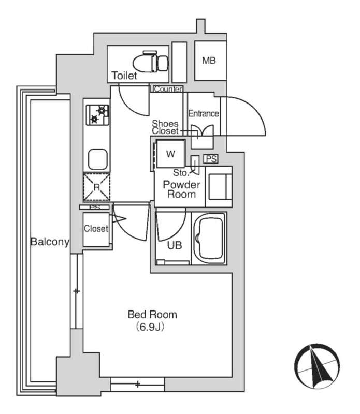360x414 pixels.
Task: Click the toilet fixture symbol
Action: (151, 62)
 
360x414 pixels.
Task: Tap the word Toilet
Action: (124, 76)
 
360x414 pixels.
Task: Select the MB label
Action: (209, 61)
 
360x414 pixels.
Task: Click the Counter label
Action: (168, 89)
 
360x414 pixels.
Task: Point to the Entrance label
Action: (204, 113)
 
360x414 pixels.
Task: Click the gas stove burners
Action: (97, 115)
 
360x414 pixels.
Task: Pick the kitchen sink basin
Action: (97, 159)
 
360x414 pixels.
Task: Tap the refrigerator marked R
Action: (96, 187)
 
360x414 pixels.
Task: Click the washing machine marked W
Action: (170, 154)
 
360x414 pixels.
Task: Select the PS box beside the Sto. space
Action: (211, 159)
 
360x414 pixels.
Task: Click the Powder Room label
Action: (181, 189)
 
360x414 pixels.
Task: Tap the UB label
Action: (175, 245)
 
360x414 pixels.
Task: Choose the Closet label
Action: (96, 228)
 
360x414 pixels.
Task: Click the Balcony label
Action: (50, 242)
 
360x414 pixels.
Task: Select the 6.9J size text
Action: (150, 327)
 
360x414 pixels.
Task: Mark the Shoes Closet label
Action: (165, 127)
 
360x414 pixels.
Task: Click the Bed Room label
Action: (152, 315)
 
